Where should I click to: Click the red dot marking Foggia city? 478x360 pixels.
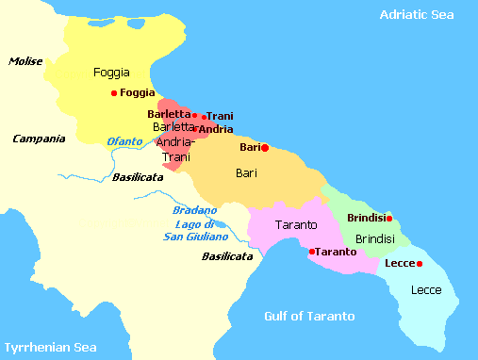point(114,92)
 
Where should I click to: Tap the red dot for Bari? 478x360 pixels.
point(265,147)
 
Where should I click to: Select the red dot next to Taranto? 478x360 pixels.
point(312,252)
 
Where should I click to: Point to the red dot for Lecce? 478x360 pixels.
point(420,263)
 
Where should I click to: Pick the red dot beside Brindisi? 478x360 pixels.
point(389,218)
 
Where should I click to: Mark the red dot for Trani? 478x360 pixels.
point(204,117)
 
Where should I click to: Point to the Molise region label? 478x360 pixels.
point(26,61)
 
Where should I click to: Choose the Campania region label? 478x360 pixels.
point(39,139)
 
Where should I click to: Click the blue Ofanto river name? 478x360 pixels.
point(125,141)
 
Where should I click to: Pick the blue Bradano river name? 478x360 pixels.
point(195,210)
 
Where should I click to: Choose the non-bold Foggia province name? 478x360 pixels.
point(111,72)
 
